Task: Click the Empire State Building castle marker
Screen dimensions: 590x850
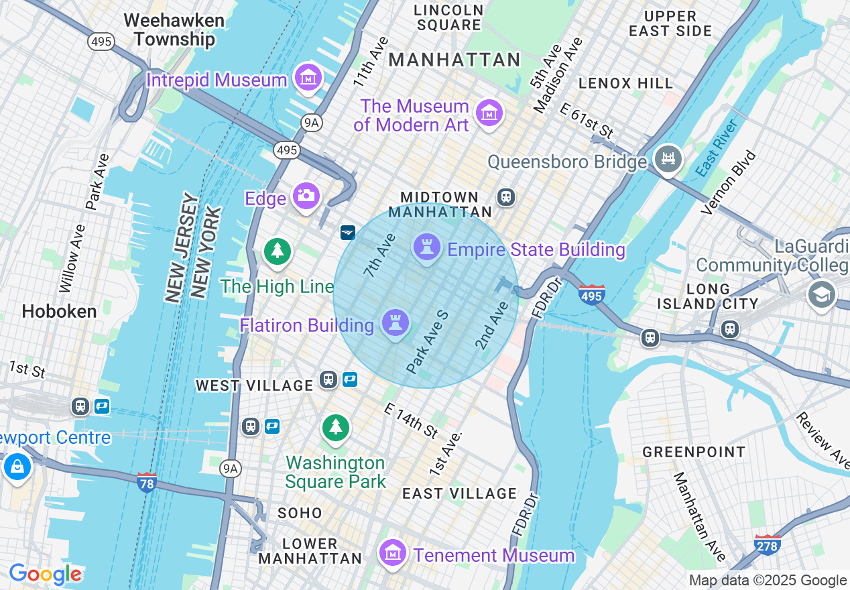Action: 426,247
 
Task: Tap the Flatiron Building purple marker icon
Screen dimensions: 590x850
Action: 395,323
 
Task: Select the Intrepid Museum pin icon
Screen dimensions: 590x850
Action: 308,78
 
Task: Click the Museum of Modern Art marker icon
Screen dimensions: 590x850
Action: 489,113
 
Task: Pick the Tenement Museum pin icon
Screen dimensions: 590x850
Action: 393,553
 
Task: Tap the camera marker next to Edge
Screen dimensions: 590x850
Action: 306,196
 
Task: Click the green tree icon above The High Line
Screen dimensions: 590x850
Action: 276,252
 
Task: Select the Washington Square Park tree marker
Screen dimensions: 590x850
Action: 335,427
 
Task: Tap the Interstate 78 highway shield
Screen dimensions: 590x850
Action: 146,482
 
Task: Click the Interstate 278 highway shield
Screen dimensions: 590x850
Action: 767,544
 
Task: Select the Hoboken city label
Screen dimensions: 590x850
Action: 59,311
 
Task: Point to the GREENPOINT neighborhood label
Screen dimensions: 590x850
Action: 694,452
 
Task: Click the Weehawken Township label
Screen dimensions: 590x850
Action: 174,29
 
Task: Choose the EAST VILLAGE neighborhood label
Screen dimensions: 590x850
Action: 459,494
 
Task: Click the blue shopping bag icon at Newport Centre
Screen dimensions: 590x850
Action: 17,466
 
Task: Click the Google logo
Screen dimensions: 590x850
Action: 45,574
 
